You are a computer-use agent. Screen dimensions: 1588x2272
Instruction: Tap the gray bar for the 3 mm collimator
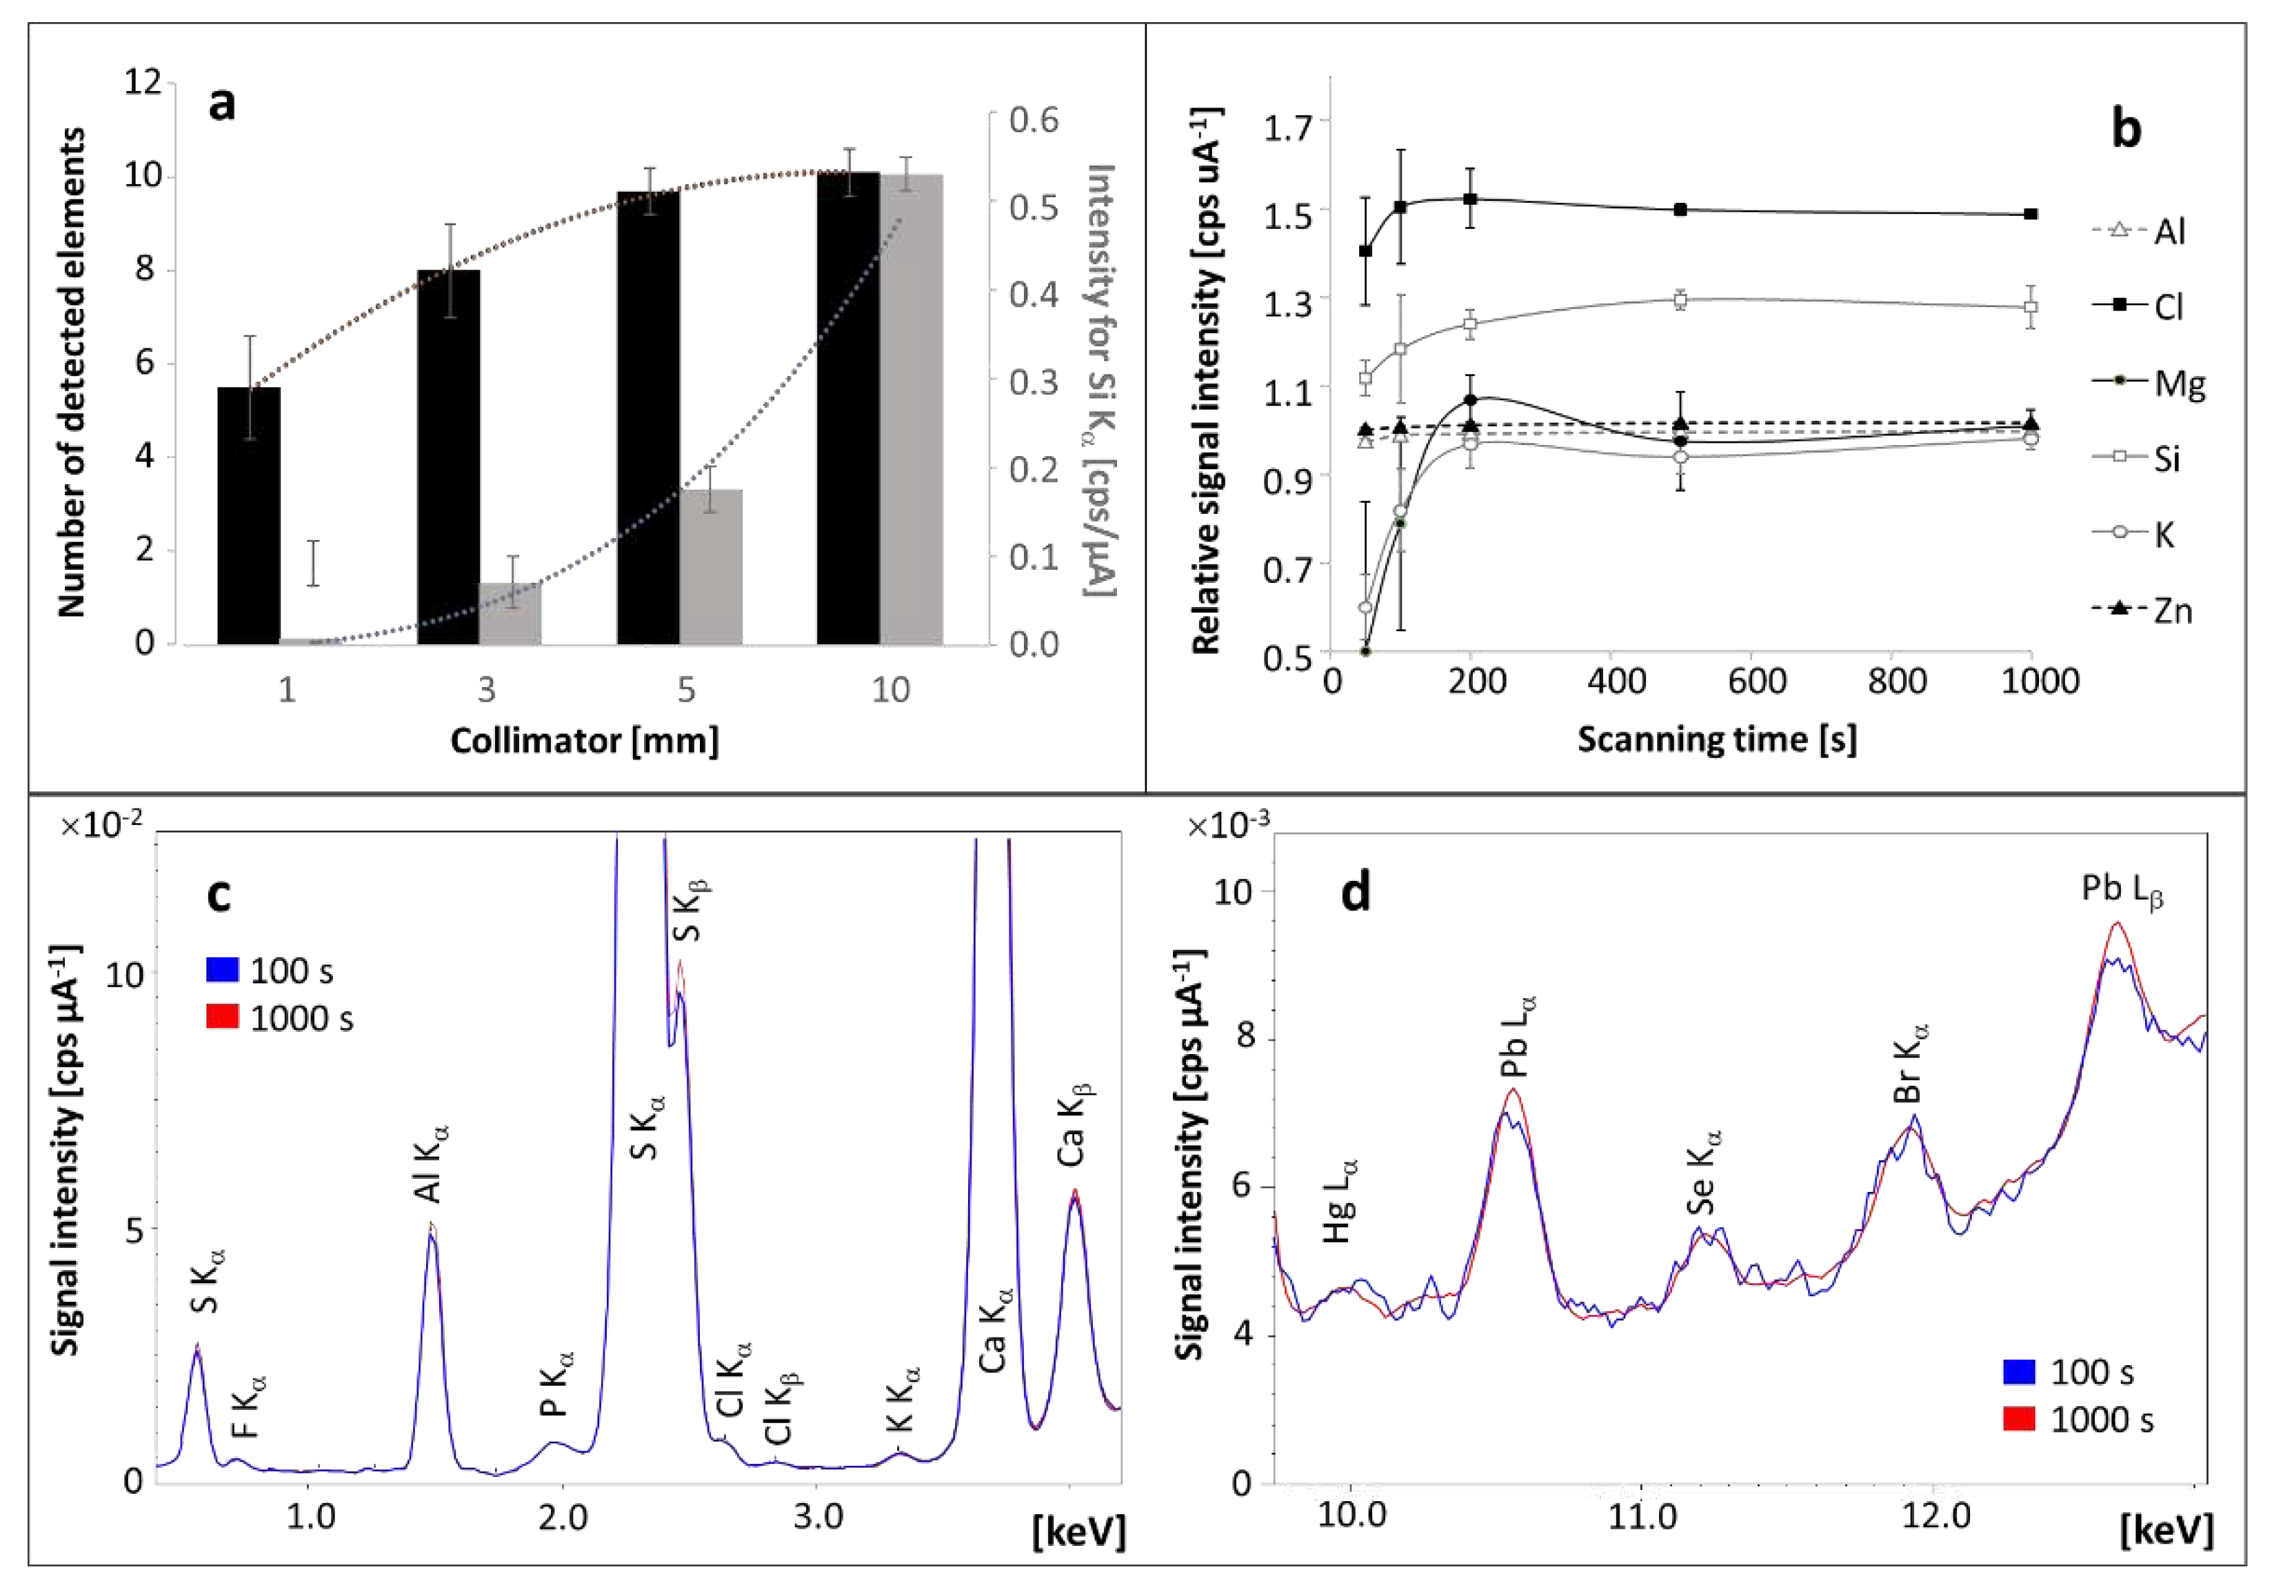point(511,614)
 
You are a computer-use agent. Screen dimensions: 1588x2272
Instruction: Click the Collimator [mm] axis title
point(584,741)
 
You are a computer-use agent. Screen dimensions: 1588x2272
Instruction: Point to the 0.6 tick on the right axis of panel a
point(1033,120)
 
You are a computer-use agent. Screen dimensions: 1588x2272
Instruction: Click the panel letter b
point(2126,130)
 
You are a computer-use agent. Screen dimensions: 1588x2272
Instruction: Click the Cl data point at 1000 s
point(2031,214)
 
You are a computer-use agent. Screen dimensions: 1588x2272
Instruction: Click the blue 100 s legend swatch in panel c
point(223,970)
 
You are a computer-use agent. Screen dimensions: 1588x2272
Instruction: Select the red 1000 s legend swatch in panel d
point(2019,1420)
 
